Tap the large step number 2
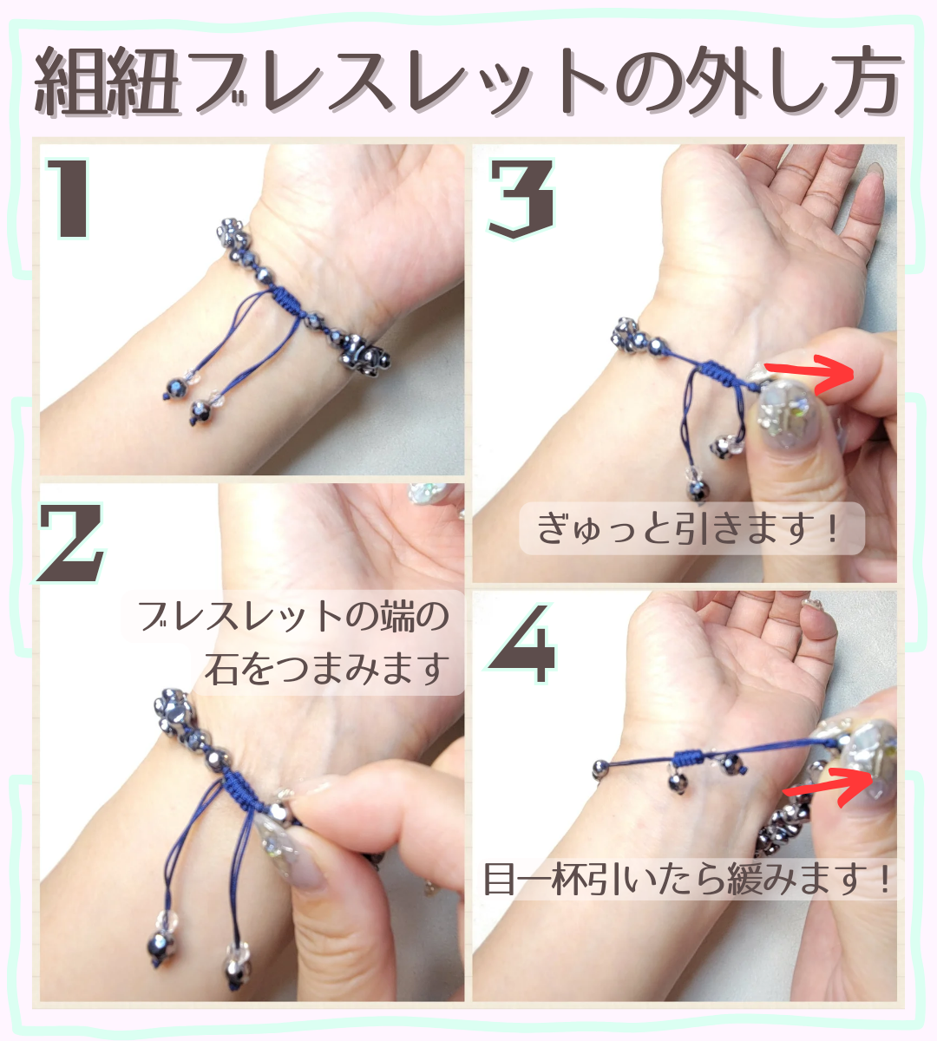(x=71, y=544)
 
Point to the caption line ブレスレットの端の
(x=294, y=617)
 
